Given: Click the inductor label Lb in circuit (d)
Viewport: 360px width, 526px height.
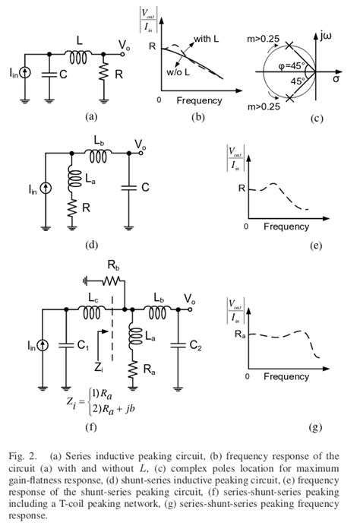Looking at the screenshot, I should point(99,144).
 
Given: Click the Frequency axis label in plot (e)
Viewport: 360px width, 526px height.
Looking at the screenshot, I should point(286,227).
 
